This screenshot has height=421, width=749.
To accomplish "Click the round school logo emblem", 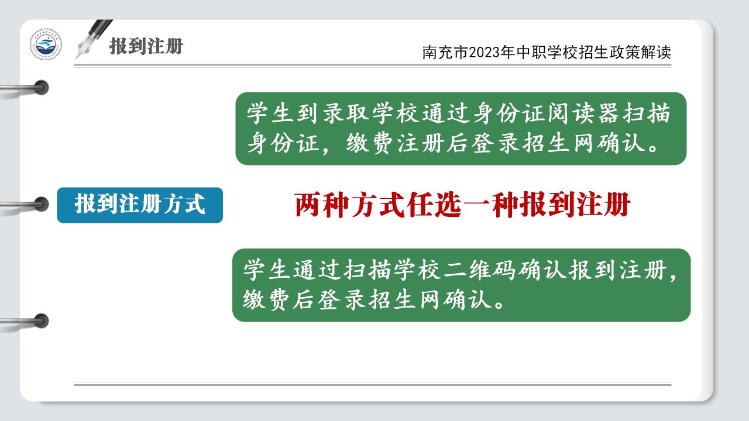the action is click(46, 44).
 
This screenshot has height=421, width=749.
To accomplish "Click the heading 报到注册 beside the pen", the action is click(146, 46).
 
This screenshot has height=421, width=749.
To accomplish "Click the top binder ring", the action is click(41, 88).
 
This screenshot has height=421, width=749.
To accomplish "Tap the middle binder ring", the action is click(41, 204).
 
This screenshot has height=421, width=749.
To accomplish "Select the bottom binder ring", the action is click(41, 321).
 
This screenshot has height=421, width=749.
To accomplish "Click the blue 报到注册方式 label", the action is click(140, 205).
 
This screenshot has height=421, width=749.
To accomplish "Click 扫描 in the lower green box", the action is click(367, 270).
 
